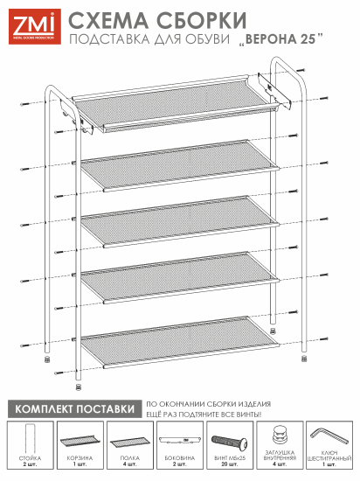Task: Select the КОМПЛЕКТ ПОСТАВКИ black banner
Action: point(73,408)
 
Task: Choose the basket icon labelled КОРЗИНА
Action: point(80,439)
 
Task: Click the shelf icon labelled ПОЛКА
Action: point(129,440)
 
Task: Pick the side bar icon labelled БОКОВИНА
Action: point(178,439)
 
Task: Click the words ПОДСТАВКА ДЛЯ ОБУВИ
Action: point(149,39)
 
